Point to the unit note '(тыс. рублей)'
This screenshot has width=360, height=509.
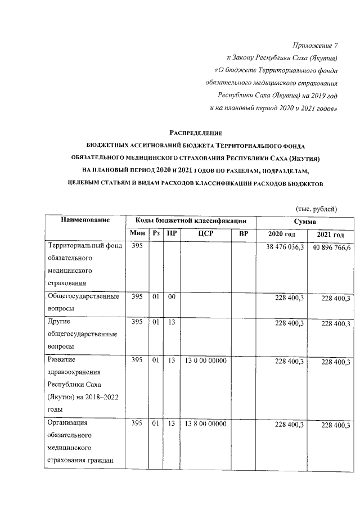point(317,209)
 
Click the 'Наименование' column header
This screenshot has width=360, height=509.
point(85,220)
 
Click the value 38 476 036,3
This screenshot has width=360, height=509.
point(282,247)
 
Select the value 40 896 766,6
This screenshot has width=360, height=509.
point(330,248)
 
